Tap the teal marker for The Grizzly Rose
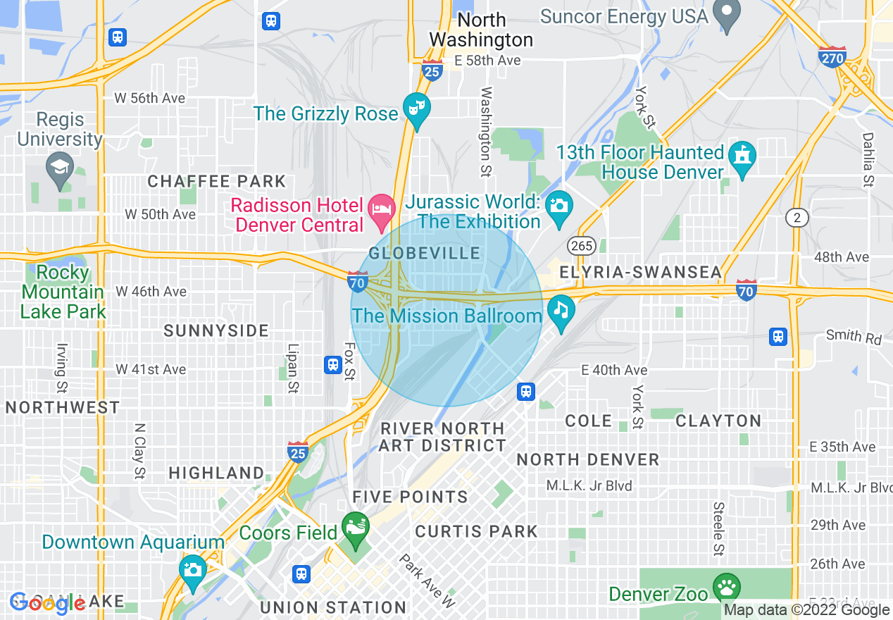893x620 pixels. (416, 110)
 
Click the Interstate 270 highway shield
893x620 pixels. (832, 56)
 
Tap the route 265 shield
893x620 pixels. (582, 245)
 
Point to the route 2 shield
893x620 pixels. (797, 218)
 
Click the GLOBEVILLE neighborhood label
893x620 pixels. (425, 254)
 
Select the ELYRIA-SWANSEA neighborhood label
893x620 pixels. (640, 273)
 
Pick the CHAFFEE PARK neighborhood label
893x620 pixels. (217, 182)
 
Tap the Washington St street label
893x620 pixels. (486, 132)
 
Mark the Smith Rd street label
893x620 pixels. (854, 336)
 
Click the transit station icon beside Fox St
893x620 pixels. (333, 365)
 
